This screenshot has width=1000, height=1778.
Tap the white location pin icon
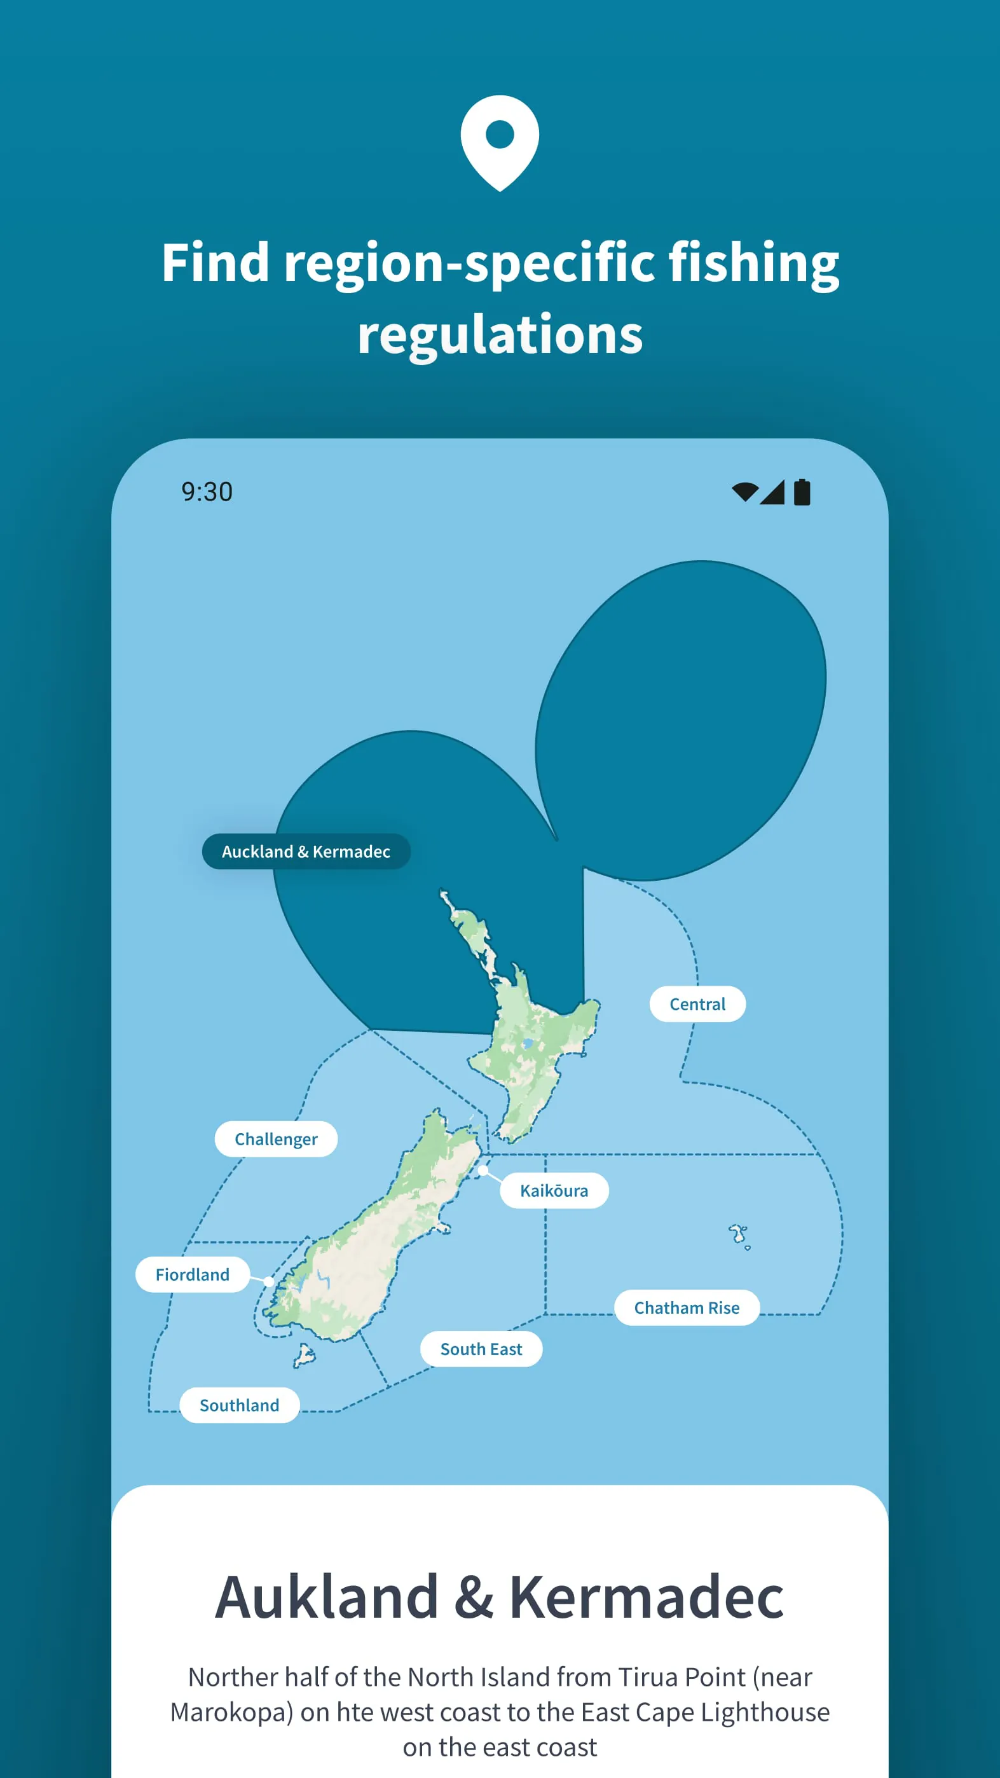[x=500, y=142]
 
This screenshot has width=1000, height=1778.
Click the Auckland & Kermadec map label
[x=306, y=851]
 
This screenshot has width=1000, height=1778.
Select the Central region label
[x=697, y=1003]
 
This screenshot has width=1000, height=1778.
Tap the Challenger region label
[x=276, y=1138]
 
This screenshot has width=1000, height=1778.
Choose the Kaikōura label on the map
[x=554, y=1190]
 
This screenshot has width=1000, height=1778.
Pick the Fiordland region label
[x=192, y=1274]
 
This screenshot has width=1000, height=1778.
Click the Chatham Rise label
[x=687, y=1307]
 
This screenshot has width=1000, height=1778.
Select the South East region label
[x=481, y=1349]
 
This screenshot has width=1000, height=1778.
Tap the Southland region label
[x=240, y=1405]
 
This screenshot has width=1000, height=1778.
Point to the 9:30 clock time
[x=207, y=492]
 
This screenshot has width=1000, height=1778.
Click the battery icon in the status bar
[x=802, y=492]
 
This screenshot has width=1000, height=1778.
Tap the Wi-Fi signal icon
[x=744, y=492]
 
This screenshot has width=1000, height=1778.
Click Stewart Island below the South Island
[x=304, y=1356]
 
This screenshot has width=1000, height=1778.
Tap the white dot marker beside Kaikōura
[x=483, y=1170]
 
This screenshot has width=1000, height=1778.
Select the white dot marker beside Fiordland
[x=268, y=1281]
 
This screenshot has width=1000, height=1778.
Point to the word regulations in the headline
[x=500, y=334]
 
